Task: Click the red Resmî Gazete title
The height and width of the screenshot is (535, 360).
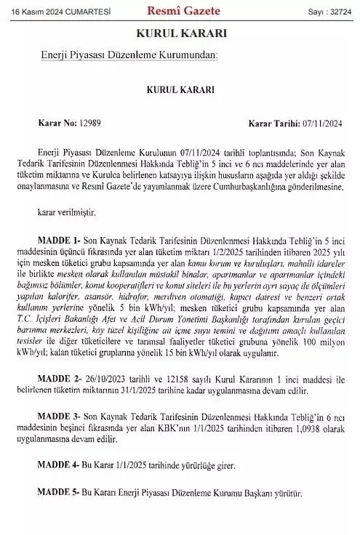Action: pos(177,10)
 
